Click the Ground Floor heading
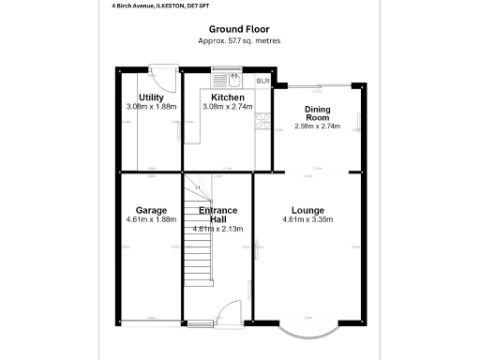(239, 29)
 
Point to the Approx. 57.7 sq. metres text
(239, 41)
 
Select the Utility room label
(151, 97)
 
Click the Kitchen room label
(228, 97)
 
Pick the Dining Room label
(317, 115)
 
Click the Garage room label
(151, 210)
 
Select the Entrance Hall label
(217, 215)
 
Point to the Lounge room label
(308, 210)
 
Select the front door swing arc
(228, 316)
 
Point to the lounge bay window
(308, 330)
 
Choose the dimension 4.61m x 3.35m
(308, 220)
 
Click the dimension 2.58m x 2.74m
(317, 126)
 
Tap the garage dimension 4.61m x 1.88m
(151, 220)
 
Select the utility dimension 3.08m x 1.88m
(151, 107)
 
